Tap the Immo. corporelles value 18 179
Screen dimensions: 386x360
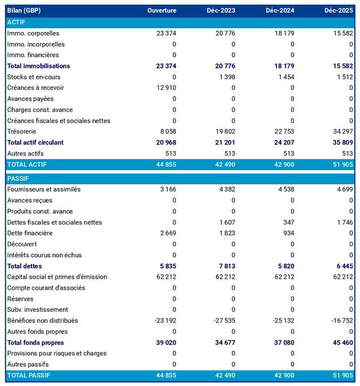click(282, 33)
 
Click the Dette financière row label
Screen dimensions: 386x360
click(30, 233)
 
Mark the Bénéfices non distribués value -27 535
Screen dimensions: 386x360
click(222, 321)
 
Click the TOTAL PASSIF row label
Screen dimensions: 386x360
click(29, 376)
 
